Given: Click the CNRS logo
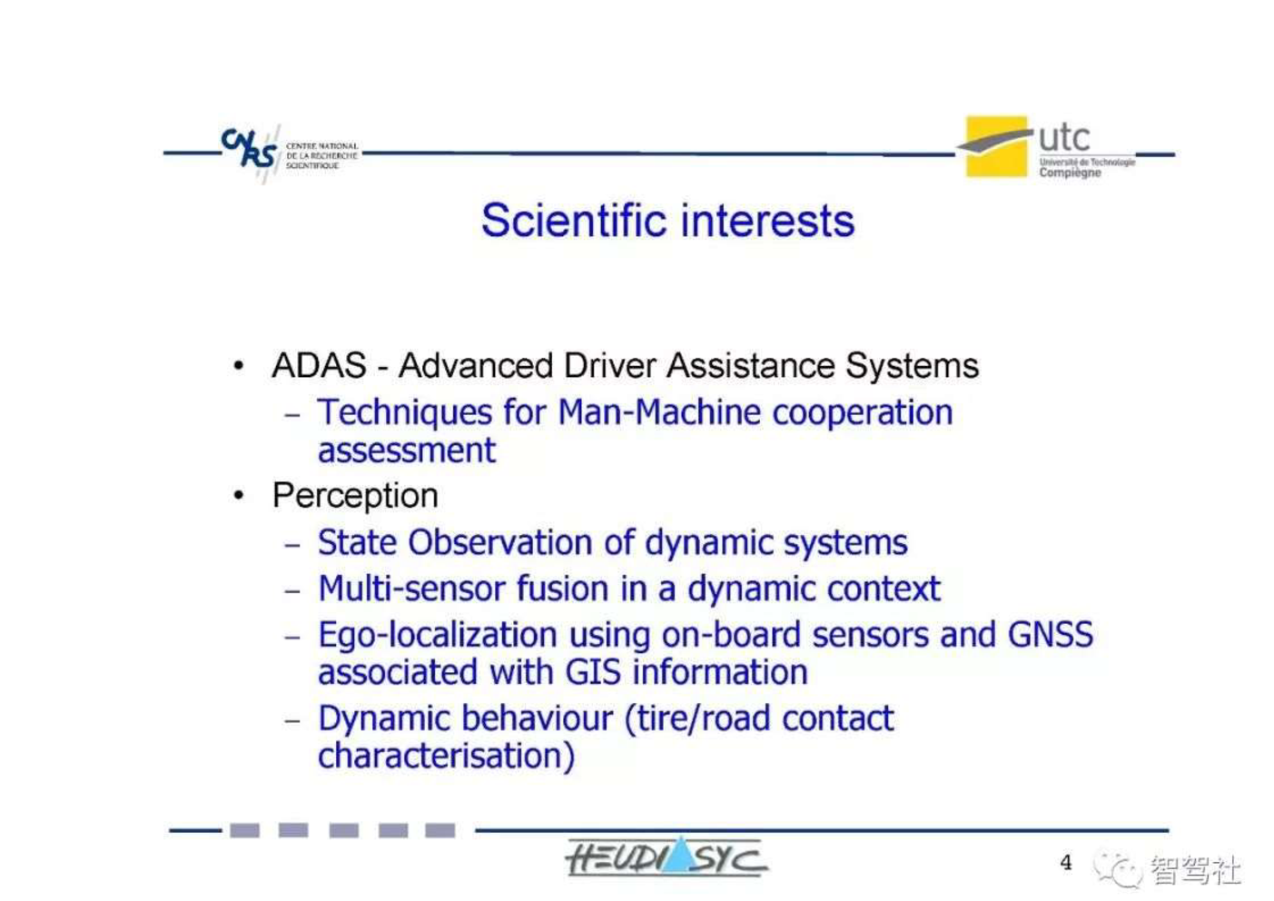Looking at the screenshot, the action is click(x=290, y=153).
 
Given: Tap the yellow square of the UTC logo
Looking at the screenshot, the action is click(x=996, y=147).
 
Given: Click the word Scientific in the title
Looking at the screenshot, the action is click(x=573, y=221).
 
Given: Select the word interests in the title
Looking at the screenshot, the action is click(x=768, y=221).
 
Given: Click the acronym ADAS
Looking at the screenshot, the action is click(x=319, y=365).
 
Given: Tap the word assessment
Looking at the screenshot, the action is click(x=407, y=451).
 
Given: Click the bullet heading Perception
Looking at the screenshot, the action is click(x=355, y=496).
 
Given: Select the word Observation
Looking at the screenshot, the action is click(x=500, y=542).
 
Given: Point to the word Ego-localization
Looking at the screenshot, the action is click(x=438, y=635).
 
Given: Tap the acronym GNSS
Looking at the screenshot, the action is click(x=1050, y=634).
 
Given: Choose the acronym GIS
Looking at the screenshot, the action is click(x=593, y=672).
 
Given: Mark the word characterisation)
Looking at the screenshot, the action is click(x=447, y=756).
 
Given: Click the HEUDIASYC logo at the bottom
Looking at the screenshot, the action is click(x=666, y=857).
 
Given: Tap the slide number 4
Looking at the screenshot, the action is click(x=1066, y=862).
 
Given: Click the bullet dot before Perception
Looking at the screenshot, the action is click(x=239, y=495).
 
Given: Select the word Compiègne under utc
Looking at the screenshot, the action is click(x=1070, y=173).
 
